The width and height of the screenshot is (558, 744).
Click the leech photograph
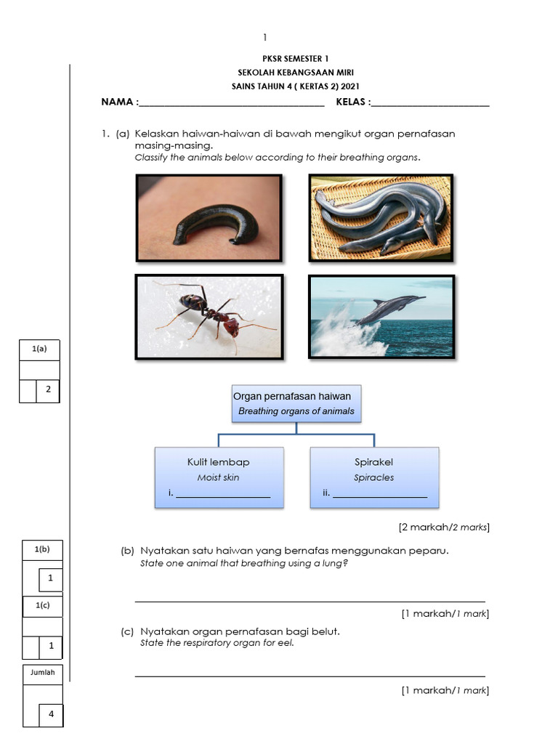click(x=209, y=218)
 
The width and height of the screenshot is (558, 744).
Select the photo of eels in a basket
click(x=381, y=218)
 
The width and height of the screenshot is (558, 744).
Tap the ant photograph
click(x=209, y=317)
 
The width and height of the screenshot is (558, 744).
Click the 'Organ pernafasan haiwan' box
click(x=296, y=403)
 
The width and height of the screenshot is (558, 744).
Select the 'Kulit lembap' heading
click(x=219, y=462)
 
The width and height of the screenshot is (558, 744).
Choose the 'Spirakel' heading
click(x=374, y=462)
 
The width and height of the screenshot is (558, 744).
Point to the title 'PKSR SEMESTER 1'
click(x=289, y=57)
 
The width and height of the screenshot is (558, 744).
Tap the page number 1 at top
click(x=266, y=37)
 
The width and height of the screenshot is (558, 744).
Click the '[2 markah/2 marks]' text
click(x=444, y=527)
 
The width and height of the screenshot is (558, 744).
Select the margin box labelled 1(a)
click(x=40, y=349)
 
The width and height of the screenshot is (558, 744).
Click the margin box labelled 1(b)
click(x=42, y=550)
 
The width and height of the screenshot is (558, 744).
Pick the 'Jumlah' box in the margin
click(x=42, y=673)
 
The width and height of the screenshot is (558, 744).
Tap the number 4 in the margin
click(x=51, y=714)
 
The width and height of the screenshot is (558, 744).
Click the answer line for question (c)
click(x=310, y=675)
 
